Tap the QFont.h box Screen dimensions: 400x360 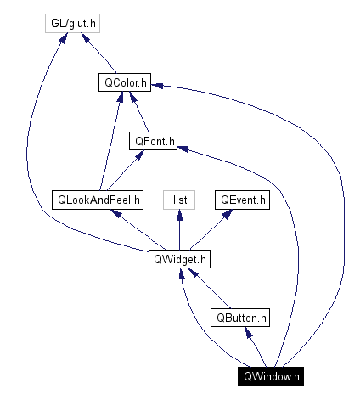pos(152,142)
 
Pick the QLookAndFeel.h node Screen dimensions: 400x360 pos(98,200)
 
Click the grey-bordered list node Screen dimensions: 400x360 pos(179,200)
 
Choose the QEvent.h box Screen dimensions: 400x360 pos(242,200)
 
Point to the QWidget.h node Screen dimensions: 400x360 pos(179,259)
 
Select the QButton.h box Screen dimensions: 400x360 pos(241,318)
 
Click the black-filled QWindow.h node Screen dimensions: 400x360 pos(271,375)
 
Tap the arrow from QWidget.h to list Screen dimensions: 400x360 pos(179,230)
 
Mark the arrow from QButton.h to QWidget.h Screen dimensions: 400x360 pos(210,289)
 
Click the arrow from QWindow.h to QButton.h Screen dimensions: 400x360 pos(256,347)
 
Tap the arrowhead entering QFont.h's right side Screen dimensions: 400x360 pos(182,146)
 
